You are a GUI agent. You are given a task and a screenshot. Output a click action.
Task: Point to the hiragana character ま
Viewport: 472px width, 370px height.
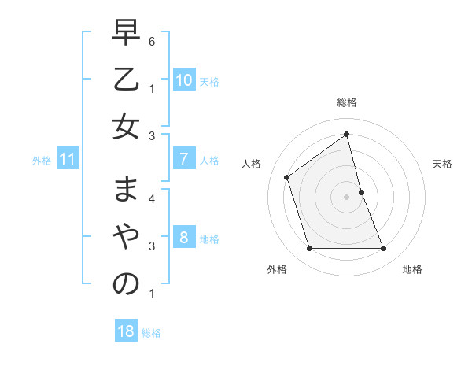tap(126, 191)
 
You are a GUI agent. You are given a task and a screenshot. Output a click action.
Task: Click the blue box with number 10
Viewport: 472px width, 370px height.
tap(183, 80)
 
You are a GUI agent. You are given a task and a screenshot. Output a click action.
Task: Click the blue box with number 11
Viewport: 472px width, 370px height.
tap(67, 160)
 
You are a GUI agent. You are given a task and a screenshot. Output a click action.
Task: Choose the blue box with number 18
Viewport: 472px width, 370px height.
tap(125, 331)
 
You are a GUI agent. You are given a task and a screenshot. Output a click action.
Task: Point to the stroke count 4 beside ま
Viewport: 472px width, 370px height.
tap(152, 198)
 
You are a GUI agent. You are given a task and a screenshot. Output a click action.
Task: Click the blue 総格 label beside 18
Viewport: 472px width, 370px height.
tap(151, 333)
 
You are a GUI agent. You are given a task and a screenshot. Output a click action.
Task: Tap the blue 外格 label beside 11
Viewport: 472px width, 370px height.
tap(42, 161)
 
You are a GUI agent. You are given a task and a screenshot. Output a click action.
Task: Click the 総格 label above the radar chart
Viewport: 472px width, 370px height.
tap(347, 102)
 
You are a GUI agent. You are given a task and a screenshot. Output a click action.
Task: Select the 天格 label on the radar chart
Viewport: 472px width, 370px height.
tap(443, 164)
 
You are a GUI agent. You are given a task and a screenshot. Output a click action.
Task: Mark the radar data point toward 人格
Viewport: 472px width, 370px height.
tap(287, 177)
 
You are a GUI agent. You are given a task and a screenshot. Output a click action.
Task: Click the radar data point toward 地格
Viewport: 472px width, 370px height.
tap(384, 249)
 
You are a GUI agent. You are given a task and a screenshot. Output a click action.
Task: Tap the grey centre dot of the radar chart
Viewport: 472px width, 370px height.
tap(347, 196)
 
